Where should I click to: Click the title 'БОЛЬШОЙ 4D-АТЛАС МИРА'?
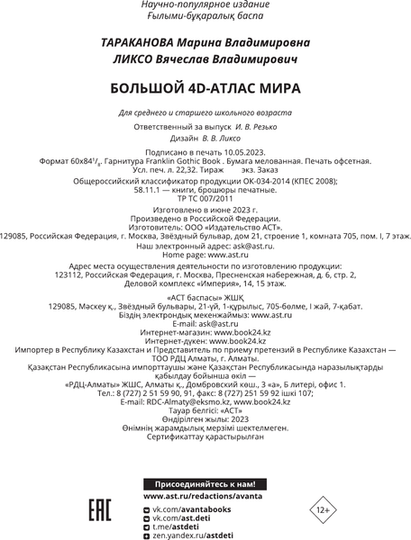205,89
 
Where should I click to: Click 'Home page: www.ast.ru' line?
205,254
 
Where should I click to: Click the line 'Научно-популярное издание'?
205,5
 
